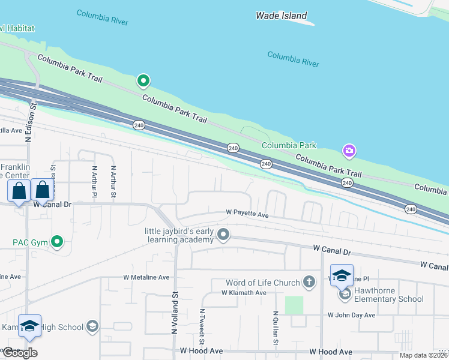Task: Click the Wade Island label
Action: pyautogui.click(x=281, y=16)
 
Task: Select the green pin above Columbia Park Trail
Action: pyautogui.click(x=143, y=80)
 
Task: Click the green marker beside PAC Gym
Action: pyautogui.click(x=57, y=242)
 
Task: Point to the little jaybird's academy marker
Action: pyautogui.click(x=223, y=234)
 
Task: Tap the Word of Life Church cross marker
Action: pyautogui.click(x=309, y=282)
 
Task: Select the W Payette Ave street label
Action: pyautogui.click(x=247, y=213)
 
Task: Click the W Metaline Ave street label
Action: pyautogui.click(x=146, y=278)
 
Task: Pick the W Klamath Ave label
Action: pyautogui.click(x=244, y=293)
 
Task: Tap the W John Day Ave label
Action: pyautogui.click(x=351, y=315)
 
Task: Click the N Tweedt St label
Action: pyautogui.click(x=202, y=324)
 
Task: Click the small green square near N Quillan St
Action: pyautogui.click(x=294, y=305)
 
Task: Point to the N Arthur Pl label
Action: pyautogui.click(x=94, y=182)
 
